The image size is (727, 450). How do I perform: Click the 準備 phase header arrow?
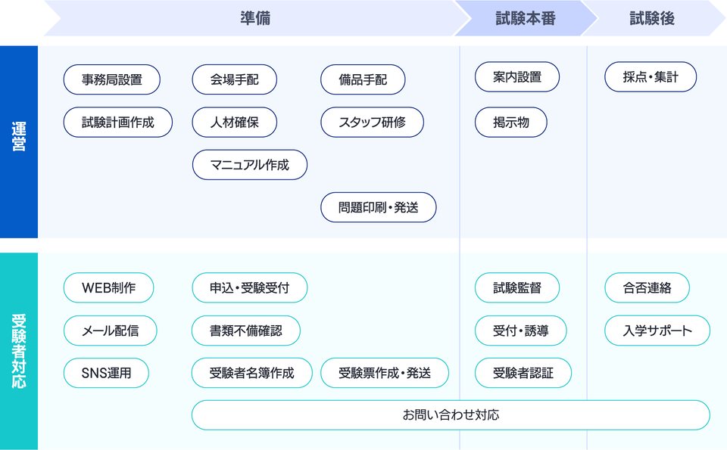tap(255, 18)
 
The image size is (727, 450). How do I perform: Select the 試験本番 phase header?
tap(526, 18)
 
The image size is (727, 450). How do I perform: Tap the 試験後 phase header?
tap(652, 18)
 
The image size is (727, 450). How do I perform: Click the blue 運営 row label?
tap(19, 141)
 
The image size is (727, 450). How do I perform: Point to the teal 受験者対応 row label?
tap(19, 351)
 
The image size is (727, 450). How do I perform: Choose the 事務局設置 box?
tap(112, 79)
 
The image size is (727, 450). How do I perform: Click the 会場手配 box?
tap(235, 79)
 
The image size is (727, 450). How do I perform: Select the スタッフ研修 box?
tap(373, 123)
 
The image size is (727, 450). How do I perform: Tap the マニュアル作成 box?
tap(250, 165)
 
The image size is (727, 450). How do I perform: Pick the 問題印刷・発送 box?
tap(379, 207)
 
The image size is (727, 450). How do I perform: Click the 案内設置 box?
tap(517, 77)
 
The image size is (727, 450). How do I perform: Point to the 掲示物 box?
tap(511, 123)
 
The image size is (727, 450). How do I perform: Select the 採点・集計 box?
tap(651, 77)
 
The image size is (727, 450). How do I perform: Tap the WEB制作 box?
tap(108, 288)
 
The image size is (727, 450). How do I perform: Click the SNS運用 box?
tap(106, 373)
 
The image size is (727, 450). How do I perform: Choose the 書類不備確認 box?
tap(245, 331)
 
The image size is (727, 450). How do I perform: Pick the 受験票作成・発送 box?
tap(385, 373)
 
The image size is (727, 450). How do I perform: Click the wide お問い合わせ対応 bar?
tap(451, 414)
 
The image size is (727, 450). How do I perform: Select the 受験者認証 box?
tap(523, 373)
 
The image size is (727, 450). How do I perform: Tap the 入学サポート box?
tap(657, 331)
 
